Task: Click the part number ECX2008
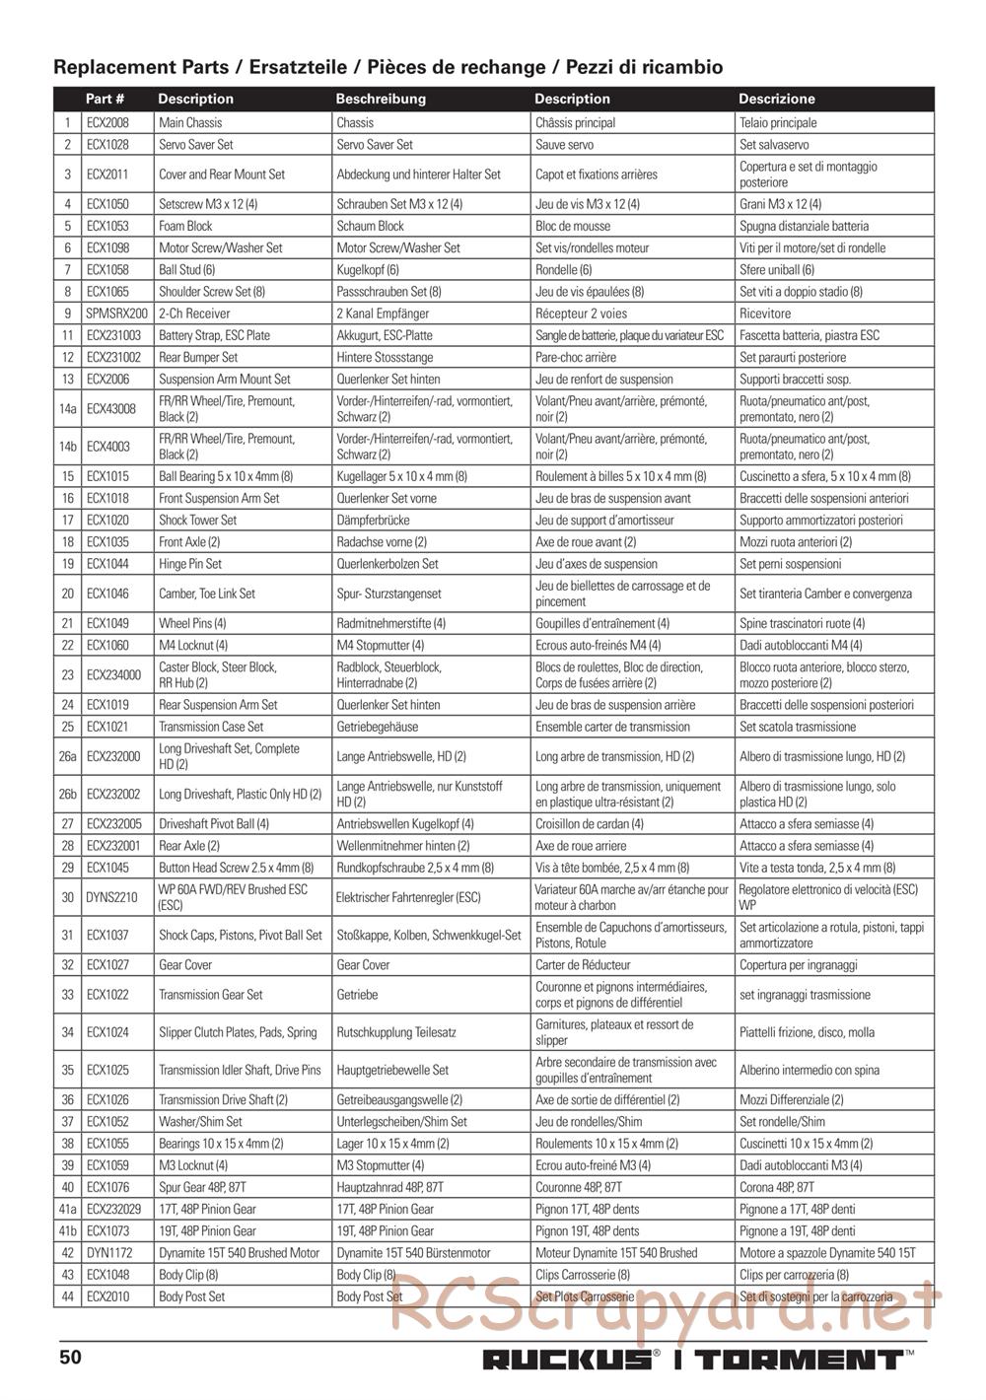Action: click(x=106, y=123)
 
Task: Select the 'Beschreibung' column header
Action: click(x=381, y=99)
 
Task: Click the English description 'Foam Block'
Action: click(x=185, y=226)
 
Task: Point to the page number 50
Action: click(x=70, y=1357)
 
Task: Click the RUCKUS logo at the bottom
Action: click(x=566, y=1361)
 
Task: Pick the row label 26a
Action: click(x=67, y=756)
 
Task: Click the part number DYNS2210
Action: click(x=112, y=897)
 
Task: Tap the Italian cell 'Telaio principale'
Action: click(x=778, y=123)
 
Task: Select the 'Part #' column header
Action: click(x=105, y=99)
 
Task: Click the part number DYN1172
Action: click(x=107, y=1253)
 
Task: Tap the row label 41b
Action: click(x=67, y=1231)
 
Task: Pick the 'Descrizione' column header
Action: click(x=776, y=99)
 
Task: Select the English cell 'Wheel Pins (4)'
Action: click(x=193, y=623)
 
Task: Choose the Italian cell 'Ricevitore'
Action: click(x=764, y=314)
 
